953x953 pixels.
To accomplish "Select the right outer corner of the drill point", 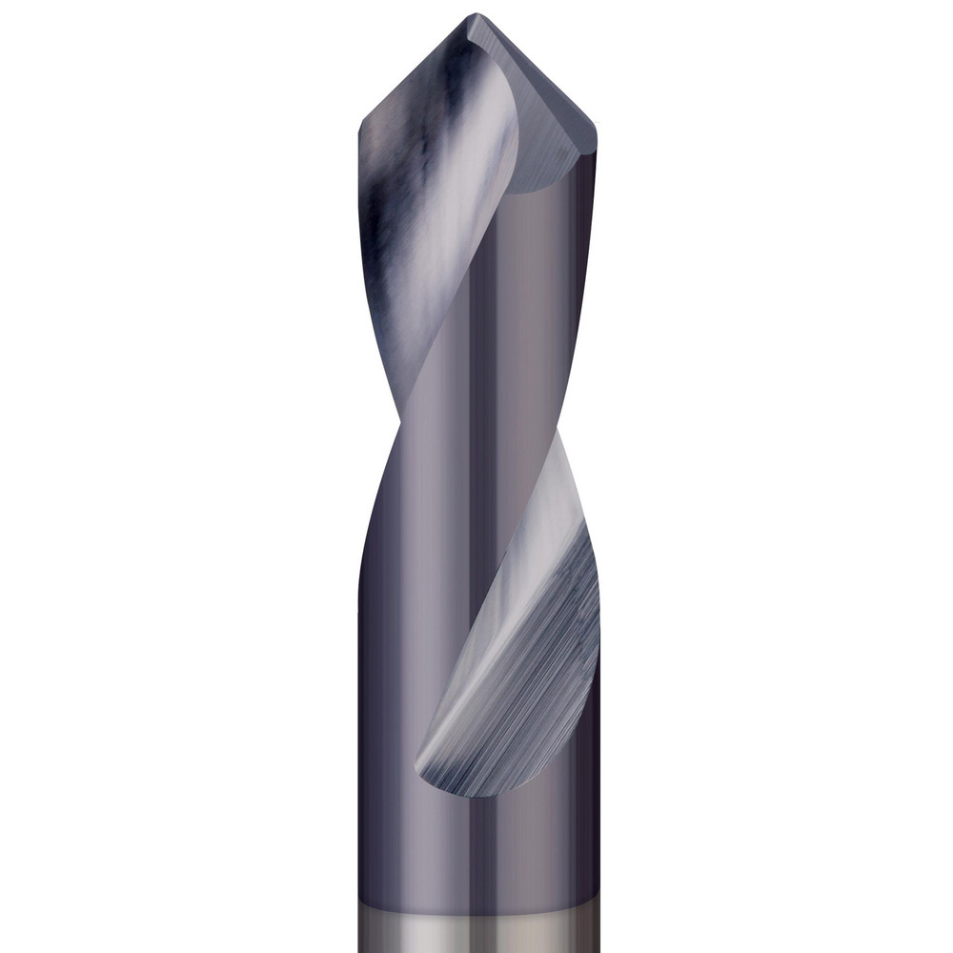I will pos(596,132).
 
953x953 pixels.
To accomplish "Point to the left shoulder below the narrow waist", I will pos(372,534).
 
